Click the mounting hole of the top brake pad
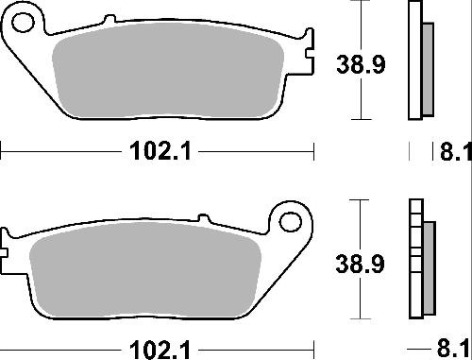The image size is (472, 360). tap(23, 22)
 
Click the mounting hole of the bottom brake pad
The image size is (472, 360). tap(291, 222)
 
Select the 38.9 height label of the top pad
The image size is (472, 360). tap(361, 64)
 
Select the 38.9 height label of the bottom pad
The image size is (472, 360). tap(360, 264)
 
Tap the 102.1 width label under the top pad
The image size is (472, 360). tap(160, 151)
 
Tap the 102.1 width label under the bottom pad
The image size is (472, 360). tap(160, 350)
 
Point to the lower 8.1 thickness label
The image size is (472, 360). tap(453, 349)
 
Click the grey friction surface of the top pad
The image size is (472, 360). tap(168, 71)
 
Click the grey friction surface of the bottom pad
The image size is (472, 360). tap(145, 270)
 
